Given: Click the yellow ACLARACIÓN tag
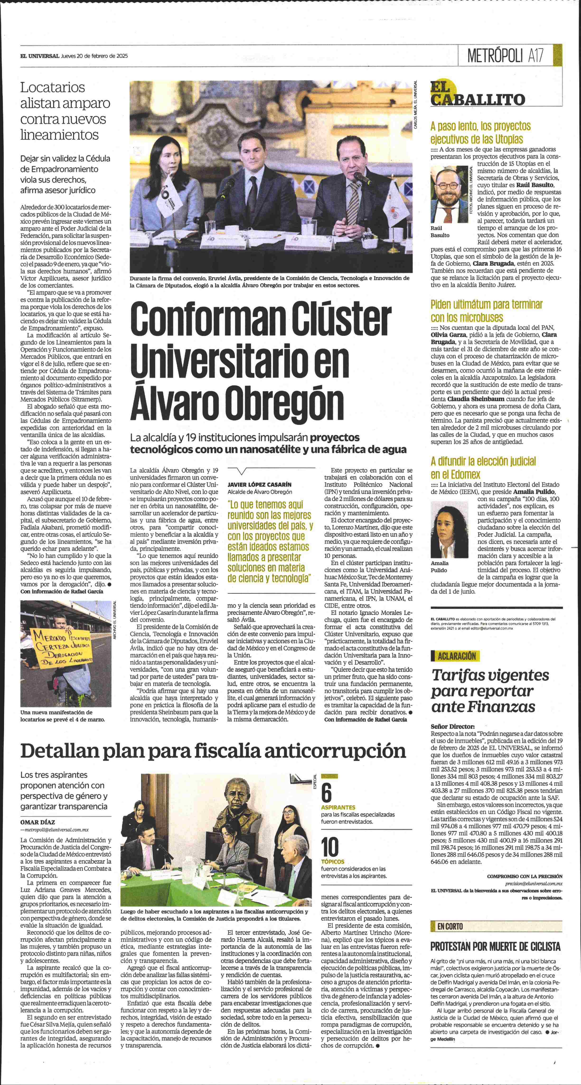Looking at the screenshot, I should pyautogui.click(x=456, y=656).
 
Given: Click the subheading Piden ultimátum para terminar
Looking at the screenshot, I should pyautogui.click(x=486, y=304).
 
